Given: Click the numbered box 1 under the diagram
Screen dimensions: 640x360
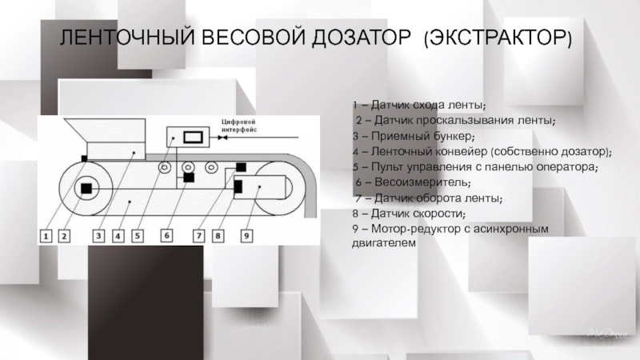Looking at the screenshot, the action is click(47, 236).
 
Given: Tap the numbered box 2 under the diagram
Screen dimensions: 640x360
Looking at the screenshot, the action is click(66, 236).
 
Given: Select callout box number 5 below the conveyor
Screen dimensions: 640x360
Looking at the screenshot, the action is click(137, 236).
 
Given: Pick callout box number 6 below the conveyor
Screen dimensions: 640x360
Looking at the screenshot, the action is click(167, 236).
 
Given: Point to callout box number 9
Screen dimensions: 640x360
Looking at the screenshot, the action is click(247, 236).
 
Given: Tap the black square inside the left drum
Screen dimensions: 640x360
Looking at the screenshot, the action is click(84, 189).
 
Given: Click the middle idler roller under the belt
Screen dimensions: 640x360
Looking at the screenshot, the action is click(189, 168).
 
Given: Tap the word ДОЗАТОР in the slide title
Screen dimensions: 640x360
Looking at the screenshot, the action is click(357, 38).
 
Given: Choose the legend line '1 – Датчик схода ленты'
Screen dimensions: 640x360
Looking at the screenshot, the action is click(418, 106).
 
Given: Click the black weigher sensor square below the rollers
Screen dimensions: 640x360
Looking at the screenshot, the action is click(190, 178).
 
